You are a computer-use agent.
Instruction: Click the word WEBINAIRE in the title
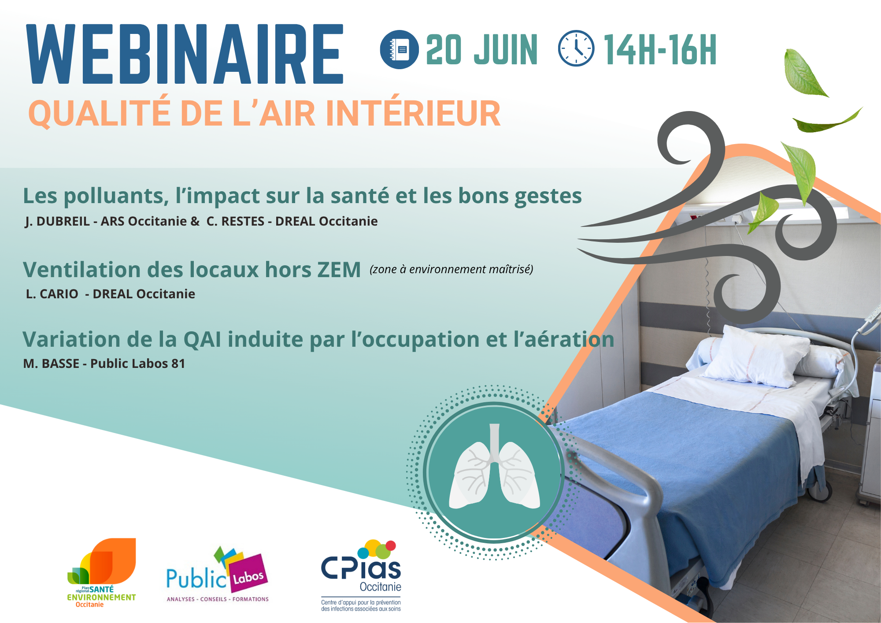point(185,54)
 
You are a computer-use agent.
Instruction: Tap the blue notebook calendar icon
point(399,49)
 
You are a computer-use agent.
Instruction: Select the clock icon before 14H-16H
point(576,48)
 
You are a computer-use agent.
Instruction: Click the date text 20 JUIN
point(482,50)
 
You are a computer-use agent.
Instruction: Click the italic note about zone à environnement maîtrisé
point(452,269)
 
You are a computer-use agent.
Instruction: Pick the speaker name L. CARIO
point(52,294)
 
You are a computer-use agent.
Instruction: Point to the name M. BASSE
point(51,363)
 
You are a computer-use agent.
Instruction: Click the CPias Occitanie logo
point(361,575)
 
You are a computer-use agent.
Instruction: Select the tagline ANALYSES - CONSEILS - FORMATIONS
point(218,599)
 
